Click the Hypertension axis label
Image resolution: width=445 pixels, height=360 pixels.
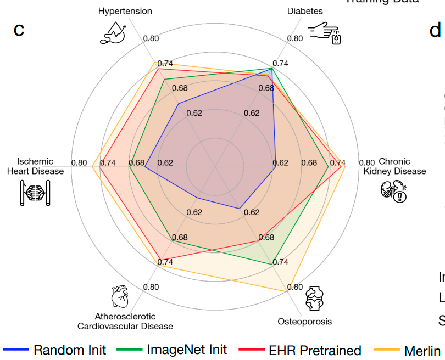pos(125,11)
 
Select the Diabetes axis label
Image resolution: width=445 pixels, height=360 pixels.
pos(305,11)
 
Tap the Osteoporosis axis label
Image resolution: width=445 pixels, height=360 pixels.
pos(304,322)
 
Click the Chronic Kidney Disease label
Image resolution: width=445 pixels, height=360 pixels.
pos(394,166)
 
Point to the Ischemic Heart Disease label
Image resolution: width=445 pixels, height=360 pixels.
pos(35,166)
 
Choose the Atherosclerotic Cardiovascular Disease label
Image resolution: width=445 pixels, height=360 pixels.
pos(125,321)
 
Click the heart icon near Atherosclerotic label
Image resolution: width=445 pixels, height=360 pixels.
pos(119,296)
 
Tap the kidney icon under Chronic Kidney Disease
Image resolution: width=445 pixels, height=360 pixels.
pos(393,190)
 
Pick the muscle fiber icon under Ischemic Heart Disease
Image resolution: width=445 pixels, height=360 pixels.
pos(35,192)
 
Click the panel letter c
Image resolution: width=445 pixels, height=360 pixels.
pos(19,29)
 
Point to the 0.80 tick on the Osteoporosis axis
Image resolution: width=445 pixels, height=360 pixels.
pos(294,287)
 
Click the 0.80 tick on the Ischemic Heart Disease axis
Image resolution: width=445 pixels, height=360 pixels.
pos(79,162)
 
